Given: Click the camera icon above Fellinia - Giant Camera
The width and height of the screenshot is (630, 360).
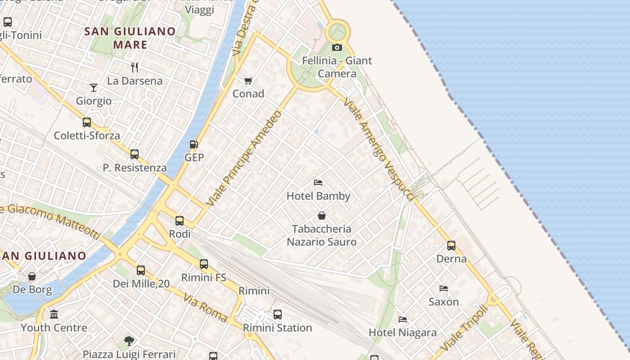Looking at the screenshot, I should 337,47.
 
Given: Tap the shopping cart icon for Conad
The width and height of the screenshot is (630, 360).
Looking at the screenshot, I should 248,81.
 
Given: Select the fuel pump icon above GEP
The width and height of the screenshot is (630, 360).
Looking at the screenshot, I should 194,144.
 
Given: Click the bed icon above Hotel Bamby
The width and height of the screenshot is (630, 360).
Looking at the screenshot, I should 318,183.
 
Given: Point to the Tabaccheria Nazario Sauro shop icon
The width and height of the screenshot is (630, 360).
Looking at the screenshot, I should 322,216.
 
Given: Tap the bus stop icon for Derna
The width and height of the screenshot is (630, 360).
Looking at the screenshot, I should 451,246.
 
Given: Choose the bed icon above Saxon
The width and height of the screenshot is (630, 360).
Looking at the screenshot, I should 444,288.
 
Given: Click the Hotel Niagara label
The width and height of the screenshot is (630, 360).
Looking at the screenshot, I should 402,333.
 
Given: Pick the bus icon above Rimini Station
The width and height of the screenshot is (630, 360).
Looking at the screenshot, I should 278,315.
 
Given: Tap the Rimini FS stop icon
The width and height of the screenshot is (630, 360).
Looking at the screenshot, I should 204,264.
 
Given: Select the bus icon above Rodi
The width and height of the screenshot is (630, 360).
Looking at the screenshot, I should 180,221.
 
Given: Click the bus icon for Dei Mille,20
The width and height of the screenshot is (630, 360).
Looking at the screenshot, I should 141,270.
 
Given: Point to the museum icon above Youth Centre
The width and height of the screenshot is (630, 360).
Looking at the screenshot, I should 54,314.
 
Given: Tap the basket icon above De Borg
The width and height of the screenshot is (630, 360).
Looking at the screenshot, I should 32,276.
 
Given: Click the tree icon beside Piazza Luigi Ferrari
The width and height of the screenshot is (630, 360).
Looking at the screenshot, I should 129,341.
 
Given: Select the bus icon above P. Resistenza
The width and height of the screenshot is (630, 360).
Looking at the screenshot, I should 135,154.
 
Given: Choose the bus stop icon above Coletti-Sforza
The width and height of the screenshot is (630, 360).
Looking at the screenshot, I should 87,122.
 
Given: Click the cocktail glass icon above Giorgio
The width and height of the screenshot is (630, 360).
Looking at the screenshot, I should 94,87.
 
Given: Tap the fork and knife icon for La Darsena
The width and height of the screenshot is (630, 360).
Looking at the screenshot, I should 135,67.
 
